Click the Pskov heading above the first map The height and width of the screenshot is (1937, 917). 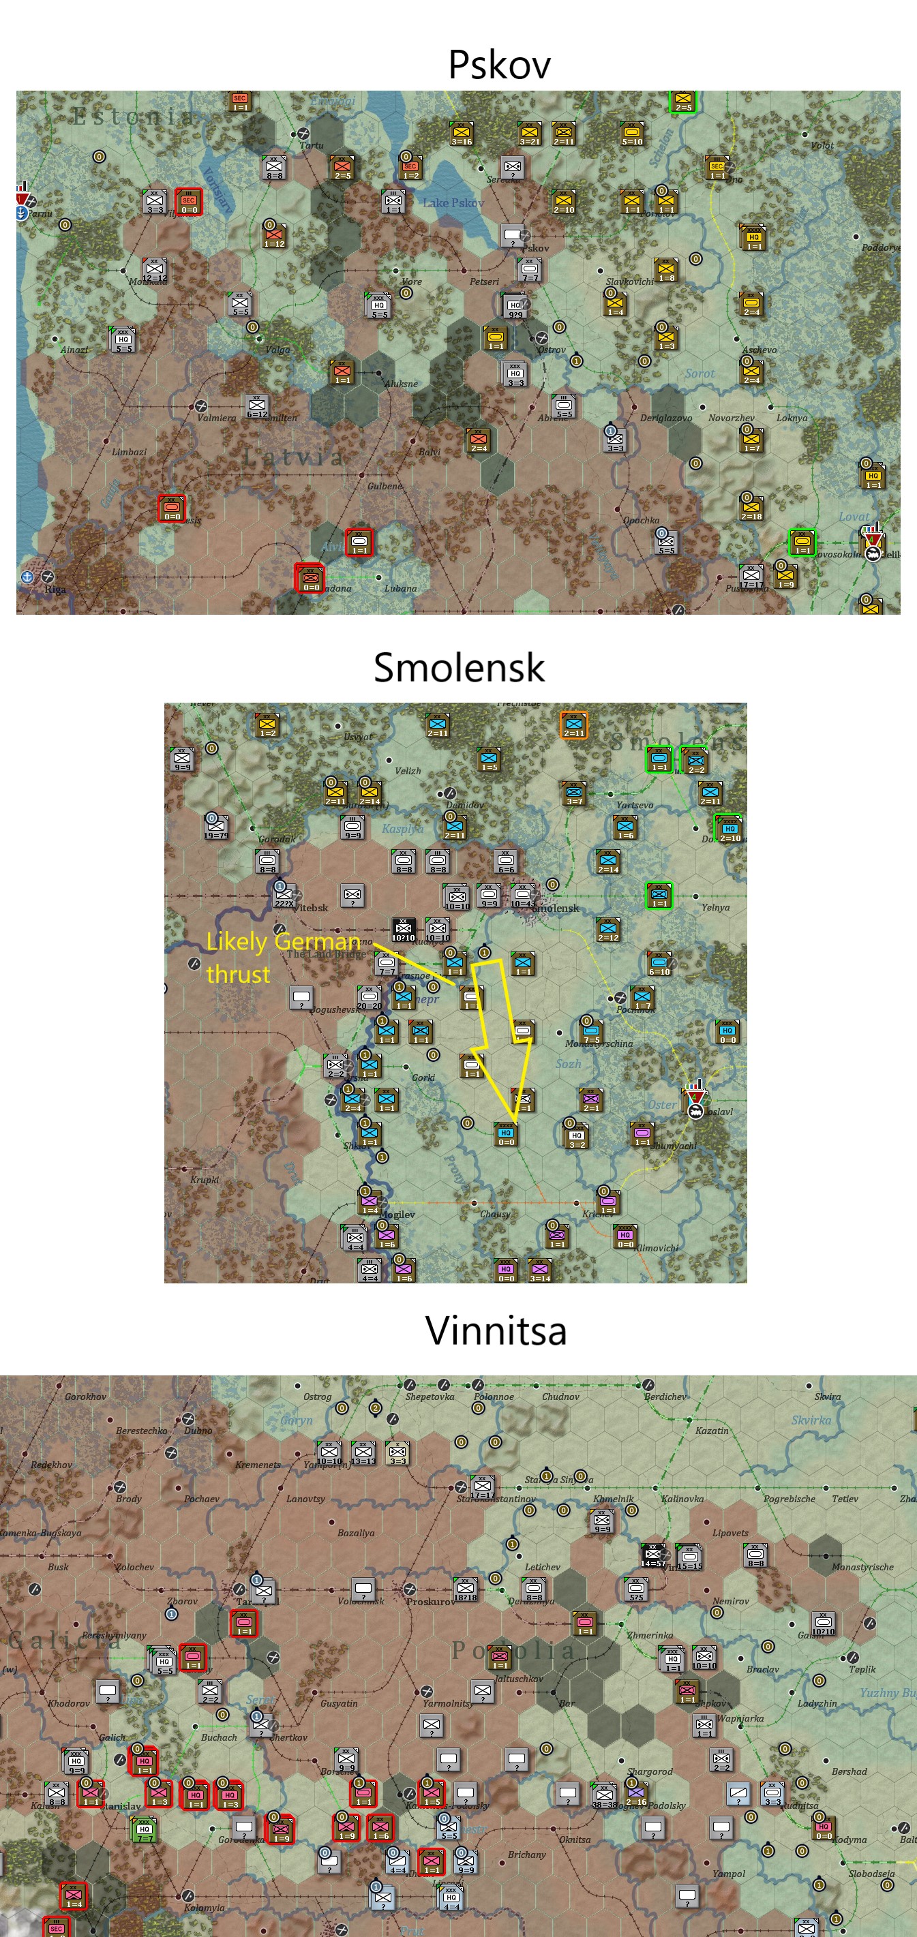[499, 65]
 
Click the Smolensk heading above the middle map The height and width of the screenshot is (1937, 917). [459, 668]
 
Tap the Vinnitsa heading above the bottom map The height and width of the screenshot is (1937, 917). [496, 1330]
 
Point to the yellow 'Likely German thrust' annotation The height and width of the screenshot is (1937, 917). [282, 957]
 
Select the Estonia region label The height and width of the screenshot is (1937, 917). [133, 117]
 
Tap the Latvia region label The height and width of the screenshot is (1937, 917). [293, 457]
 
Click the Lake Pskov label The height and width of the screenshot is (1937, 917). [453, 203]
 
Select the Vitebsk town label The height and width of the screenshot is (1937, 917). [310, 908]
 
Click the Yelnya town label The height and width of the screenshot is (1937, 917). [715, 907]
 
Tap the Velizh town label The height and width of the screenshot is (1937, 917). [408, 771]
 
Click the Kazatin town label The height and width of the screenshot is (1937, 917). [712, 1430]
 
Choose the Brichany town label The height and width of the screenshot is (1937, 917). [526, 1855]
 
